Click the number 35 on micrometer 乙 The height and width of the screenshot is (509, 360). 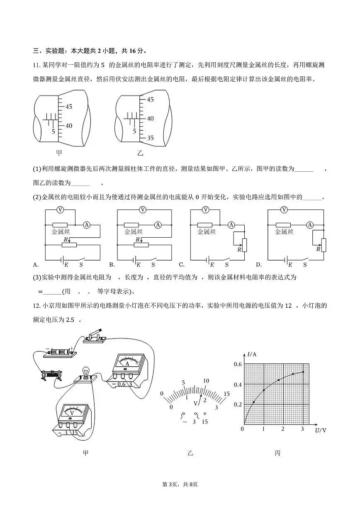[150, 138]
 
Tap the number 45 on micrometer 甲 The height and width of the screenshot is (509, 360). [68, 107]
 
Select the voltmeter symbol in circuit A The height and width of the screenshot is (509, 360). [60, 210]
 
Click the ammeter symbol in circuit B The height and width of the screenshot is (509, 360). [158, 225]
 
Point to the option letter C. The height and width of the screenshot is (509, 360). [181, 264]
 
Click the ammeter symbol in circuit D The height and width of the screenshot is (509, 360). [309, 225]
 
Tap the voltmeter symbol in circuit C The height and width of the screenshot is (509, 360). [206, 210]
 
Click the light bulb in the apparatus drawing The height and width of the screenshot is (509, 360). [85, 372]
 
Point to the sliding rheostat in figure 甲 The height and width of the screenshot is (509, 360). [51, 376]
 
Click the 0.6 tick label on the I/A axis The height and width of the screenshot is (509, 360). [237, 364]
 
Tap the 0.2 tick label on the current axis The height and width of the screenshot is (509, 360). [237, 404]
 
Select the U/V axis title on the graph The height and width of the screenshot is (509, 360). [321, 430]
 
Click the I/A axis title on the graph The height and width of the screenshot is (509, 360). [252, 355]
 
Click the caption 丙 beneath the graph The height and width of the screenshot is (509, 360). [277, 453]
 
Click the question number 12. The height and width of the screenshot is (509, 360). [36, 306]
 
